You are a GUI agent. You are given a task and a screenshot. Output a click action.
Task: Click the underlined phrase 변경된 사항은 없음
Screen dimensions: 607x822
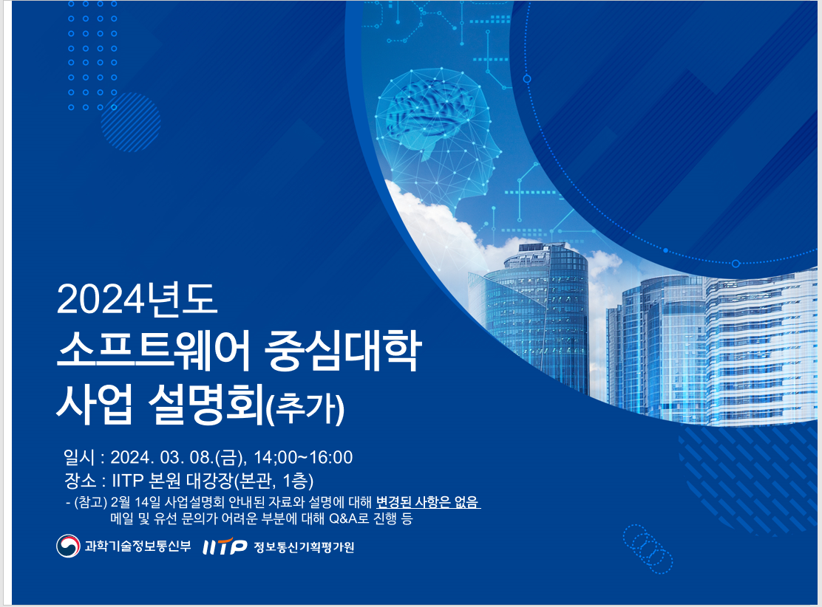click(428, 503)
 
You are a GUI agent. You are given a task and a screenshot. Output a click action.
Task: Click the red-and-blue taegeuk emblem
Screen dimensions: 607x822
click(68, 546)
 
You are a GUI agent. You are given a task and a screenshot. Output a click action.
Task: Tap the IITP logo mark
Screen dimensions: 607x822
click(225, 547)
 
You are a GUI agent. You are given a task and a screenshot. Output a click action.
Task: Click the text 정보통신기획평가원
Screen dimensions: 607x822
click(304, 547)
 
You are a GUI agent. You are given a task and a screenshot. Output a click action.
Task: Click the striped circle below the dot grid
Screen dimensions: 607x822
click(130, 122)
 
